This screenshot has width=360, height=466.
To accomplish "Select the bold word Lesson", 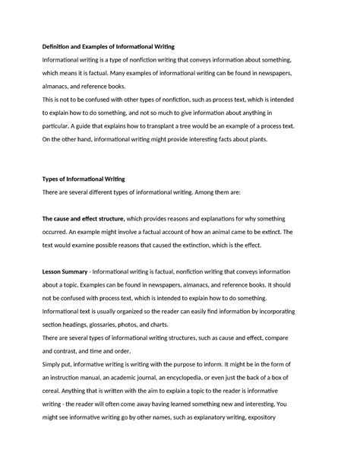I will point(55,272).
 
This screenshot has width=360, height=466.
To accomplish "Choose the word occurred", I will point(58,232).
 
